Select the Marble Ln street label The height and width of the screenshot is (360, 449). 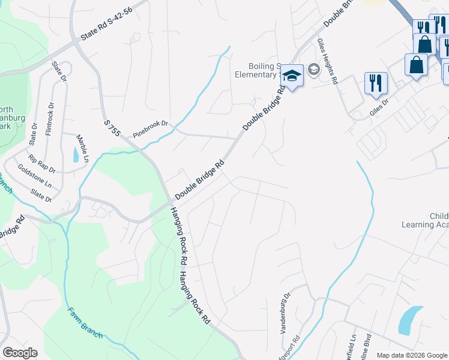click(82, 148)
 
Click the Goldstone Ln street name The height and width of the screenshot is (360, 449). click(34, 176)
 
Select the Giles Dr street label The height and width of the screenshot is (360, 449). click(379, 107)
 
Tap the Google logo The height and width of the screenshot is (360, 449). click(20, 353)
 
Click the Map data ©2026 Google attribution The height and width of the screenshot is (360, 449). click(412, 355)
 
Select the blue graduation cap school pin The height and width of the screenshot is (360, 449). click(292, 76)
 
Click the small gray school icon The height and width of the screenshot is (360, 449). click(313, 70)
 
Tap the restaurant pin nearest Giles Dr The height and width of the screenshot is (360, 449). click(376, 82)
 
